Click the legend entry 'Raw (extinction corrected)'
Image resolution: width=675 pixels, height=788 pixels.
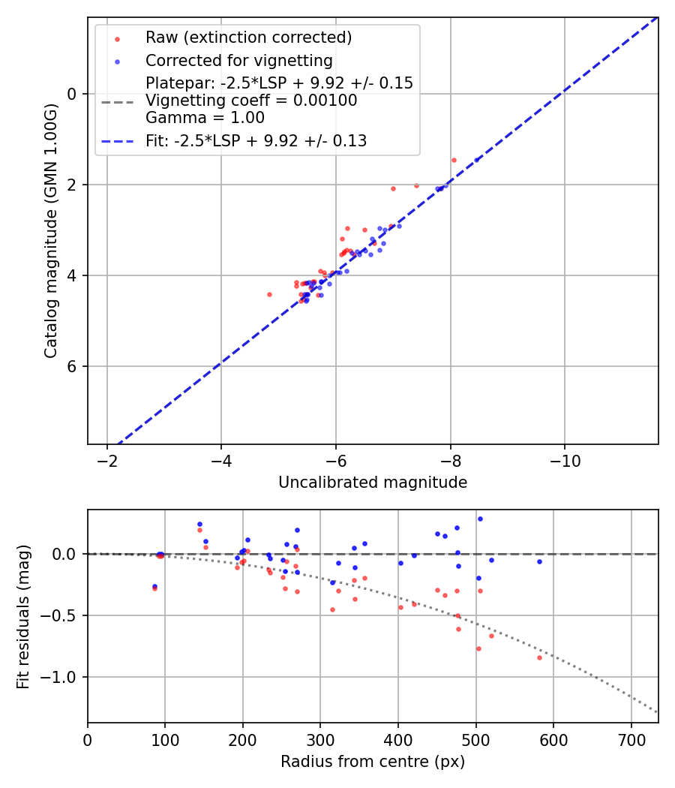tap(248, 38)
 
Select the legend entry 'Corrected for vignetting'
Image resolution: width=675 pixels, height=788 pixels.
tap(239, 60)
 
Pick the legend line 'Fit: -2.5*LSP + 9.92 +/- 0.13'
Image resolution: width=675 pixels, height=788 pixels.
tap(256, 140)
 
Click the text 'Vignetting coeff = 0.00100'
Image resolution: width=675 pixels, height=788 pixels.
tap(251, 100)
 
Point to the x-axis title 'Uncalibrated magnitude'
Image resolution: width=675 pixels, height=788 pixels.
tap(373, 483)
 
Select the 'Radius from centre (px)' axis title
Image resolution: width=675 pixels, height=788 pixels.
tap(373, 762)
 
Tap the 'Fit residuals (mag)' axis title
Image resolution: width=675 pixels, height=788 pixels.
tap(23, 616)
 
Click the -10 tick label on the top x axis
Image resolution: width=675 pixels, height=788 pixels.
tap(565, 460)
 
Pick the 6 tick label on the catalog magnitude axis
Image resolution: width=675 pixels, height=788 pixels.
tap(73, 366)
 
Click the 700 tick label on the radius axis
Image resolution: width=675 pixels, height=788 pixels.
tap(631, 739)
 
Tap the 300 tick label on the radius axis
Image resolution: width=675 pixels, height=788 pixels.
tap(320, 739)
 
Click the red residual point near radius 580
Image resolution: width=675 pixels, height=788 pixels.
tap(539, 657)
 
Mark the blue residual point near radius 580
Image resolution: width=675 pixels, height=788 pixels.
tap(539, 561)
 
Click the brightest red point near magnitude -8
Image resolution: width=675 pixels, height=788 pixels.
tap(454, 160)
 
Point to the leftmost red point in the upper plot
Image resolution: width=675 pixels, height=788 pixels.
tap(269, 294)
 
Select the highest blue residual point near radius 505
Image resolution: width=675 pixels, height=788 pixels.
tap(480, 519)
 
